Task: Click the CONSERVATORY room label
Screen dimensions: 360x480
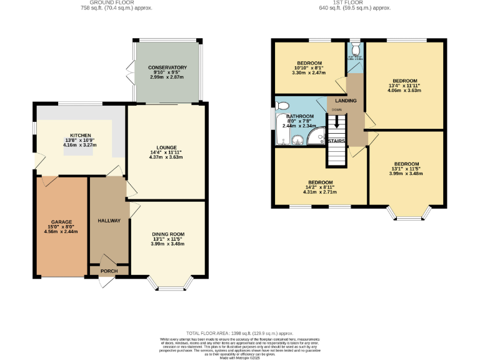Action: point(167,67)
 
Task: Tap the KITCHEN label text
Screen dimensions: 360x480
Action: point(81,135)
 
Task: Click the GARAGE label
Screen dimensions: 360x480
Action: point(62,222)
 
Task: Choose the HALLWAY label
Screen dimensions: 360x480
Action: point(109,221)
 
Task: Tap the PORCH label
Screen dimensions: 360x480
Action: point(109,271)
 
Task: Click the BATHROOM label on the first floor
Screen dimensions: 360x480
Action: point(299,116)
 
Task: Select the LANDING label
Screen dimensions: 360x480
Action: point(346,101)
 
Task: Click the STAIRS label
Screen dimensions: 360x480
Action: point(337,141)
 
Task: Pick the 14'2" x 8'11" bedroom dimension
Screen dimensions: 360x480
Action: point(319,186)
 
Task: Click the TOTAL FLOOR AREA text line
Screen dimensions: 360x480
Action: point(239,334)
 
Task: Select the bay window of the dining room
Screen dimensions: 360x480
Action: point(167,286)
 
